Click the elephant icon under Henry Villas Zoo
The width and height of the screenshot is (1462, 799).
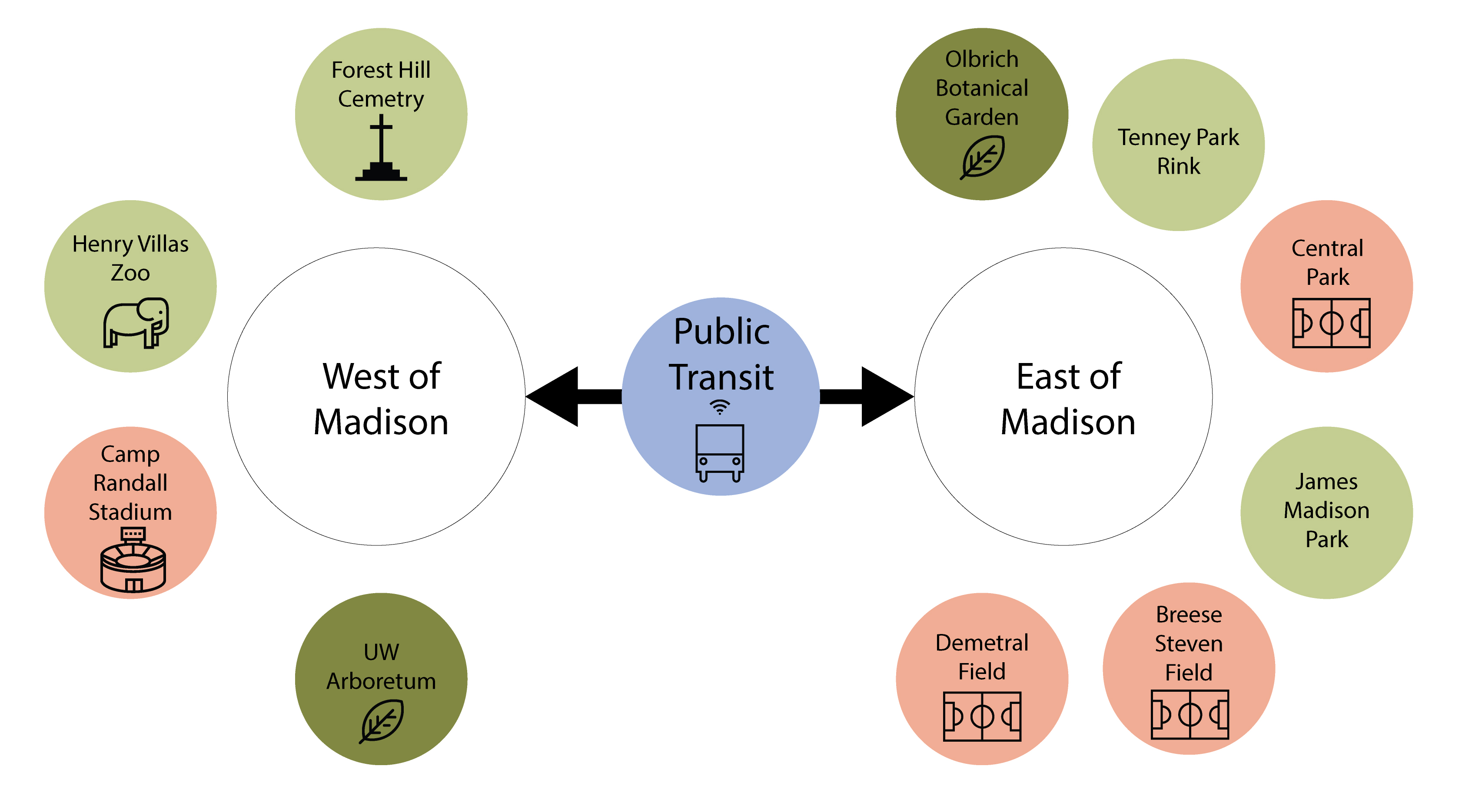point(136,323)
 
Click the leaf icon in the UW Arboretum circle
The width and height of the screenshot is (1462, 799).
point(382,721)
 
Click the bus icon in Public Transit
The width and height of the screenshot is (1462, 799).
point(720,452)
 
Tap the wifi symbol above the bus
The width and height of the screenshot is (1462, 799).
point(720,406)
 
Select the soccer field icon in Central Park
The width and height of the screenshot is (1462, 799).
point(1331,323)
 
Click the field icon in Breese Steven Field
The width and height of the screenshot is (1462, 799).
point(1190,714)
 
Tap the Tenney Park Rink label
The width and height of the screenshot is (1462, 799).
point(1178,152)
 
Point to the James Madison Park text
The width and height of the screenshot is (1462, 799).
point(1326,510)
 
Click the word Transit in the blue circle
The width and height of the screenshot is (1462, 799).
point(721,377)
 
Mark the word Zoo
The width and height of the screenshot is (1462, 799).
point(130,273)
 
